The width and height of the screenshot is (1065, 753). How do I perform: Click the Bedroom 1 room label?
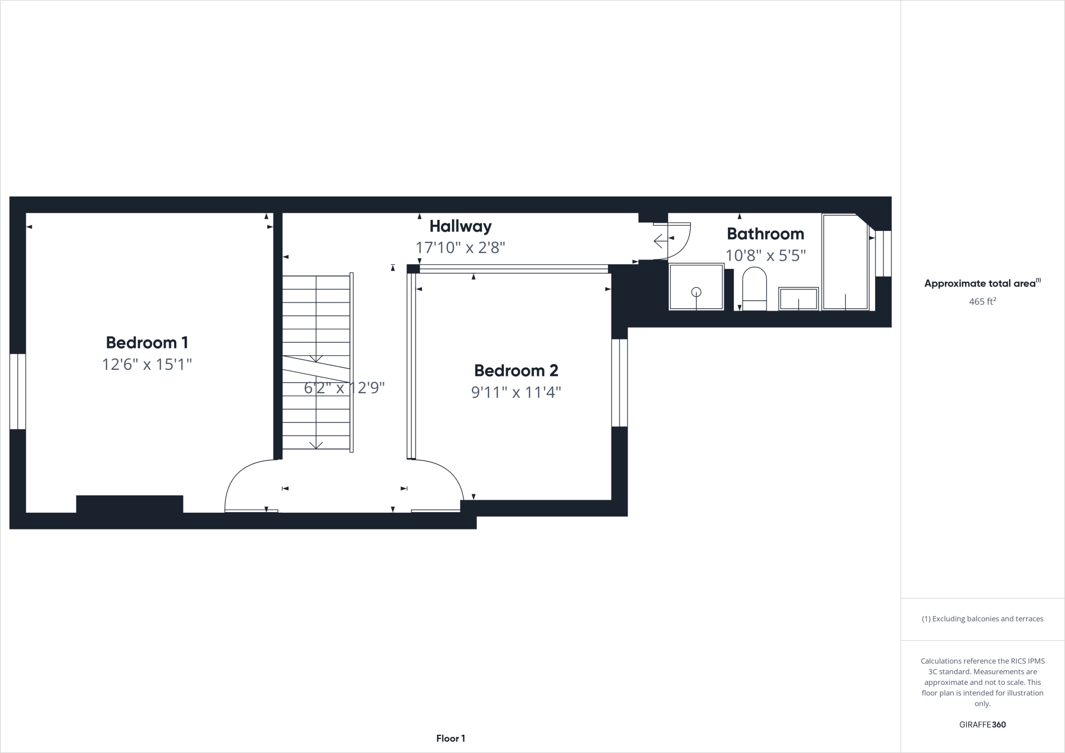pyautogui.click(x=147, y=343)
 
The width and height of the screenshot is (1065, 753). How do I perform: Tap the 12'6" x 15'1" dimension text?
pyautogui.click(x=147, y=365)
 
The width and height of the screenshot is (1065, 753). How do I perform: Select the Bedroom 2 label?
pyautogui.click(x=516, y=371)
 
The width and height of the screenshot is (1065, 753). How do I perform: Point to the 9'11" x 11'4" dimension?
pyautogui.click(x=516, y=392)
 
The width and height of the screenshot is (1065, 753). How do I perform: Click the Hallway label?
pyautogui.click(x=460, y=226)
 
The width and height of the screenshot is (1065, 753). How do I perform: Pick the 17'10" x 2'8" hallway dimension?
pyautogui.click(x=460, y=248)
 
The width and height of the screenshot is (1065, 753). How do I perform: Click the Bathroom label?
pyautogui.click(x=765, y=234)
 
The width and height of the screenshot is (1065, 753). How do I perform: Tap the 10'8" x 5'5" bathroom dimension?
pyautogui.click(x=765, y=255)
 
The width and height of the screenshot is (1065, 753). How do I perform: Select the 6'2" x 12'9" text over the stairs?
pyautogui.click(x=344, y=388)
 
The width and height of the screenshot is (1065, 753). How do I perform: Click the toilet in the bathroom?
pyautogui.click(x=755, y=289)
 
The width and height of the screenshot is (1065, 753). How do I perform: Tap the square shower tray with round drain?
pyautogui.click(x=696, y=287)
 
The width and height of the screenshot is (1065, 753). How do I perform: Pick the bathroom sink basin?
pyautogui.click(x=798, y=299)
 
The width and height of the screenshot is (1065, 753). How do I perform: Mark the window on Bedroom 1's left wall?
pyautogui.click(x=18, y=392)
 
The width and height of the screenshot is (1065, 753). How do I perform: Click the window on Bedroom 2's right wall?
pyautogui.click(x=619, y=383)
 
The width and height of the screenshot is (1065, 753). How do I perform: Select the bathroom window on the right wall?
pyautogui.click(x=883, y=253)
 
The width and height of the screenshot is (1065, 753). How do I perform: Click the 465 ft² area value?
pyautogui.click(x=982, y=302)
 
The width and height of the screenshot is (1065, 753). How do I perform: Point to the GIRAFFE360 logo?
pyautogui.click(x=982, y=725)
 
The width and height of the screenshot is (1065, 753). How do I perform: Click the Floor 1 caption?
pyautogui.click(x=450, y=738)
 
